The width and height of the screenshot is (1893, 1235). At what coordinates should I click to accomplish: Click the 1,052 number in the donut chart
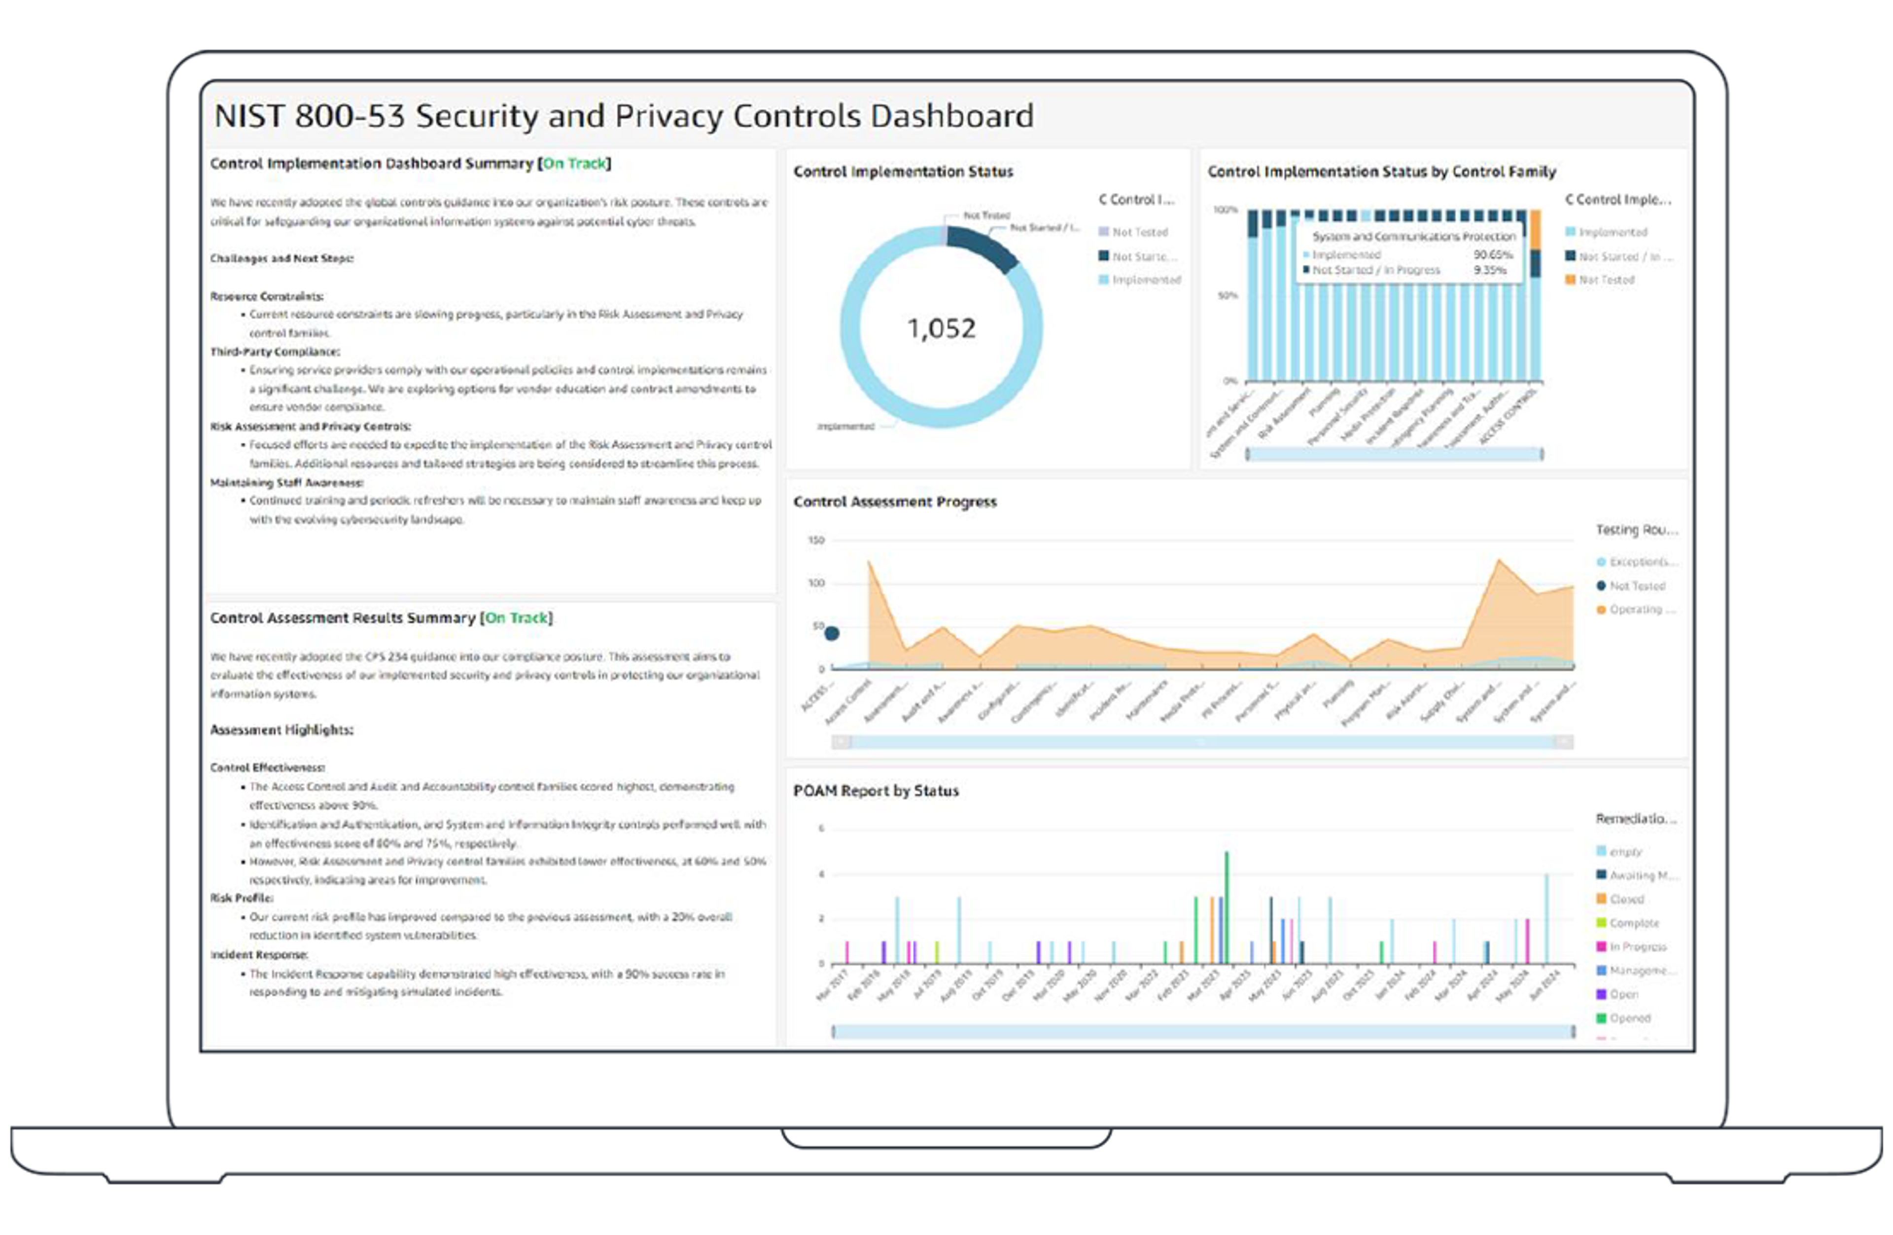[x=941, y=328]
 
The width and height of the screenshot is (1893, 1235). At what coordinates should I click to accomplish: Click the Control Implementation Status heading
[x=903, y=171]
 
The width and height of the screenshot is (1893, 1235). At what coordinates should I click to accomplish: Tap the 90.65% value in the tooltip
[x=1492, y=254]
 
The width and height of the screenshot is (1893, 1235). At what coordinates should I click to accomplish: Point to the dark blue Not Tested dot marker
[x=831, y=633]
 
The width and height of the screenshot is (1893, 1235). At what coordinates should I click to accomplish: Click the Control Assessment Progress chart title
[x=894, y=501]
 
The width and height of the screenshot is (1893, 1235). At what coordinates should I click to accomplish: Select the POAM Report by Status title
[x=876, y=790]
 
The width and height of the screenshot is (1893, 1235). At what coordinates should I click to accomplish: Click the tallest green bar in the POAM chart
[x=1227, y=907]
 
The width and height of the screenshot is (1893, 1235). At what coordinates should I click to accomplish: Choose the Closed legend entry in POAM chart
[x=1626, y=899]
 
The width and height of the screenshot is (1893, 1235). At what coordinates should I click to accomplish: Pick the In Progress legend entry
[x=1637, y=947]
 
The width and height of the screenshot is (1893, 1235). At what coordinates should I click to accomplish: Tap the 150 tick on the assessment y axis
[x=816, y=541]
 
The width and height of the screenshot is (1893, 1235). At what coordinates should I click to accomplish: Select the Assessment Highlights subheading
[x=281, y=729]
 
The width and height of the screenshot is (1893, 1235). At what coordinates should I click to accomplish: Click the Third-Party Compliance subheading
[x=275, y=352]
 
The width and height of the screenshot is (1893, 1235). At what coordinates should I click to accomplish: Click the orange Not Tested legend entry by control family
[x=1605, y=280]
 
